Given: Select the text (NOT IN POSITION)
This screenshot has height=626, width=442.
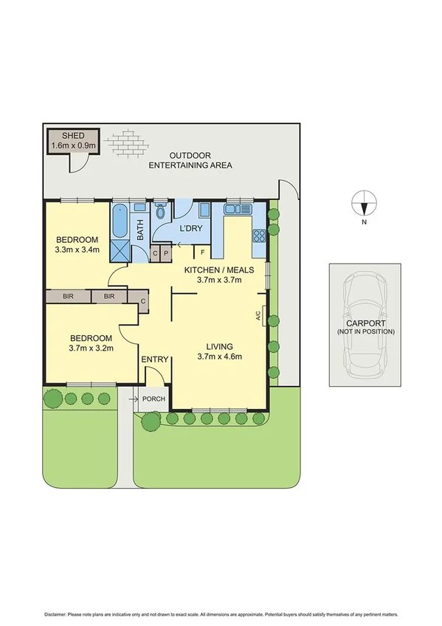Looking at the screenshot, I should point(365,332).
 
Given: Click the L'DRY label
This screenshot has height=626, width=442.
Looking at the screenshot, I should point(190,230).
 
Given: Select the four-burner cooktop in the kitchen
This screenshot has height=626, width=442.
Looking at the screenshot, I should point(260,236).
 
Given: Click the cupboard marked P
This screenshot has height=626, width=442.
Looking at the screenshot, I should point(166,253).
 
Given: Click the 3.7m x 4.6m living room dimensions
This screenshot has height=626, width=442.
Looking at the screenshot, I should point(219,357).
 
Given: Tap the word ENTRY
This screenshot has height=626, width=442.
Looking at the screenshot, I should point(156,360).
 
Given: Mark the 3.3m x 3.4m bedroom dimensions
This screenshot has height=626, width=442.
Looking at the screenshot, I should point(77,250).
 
